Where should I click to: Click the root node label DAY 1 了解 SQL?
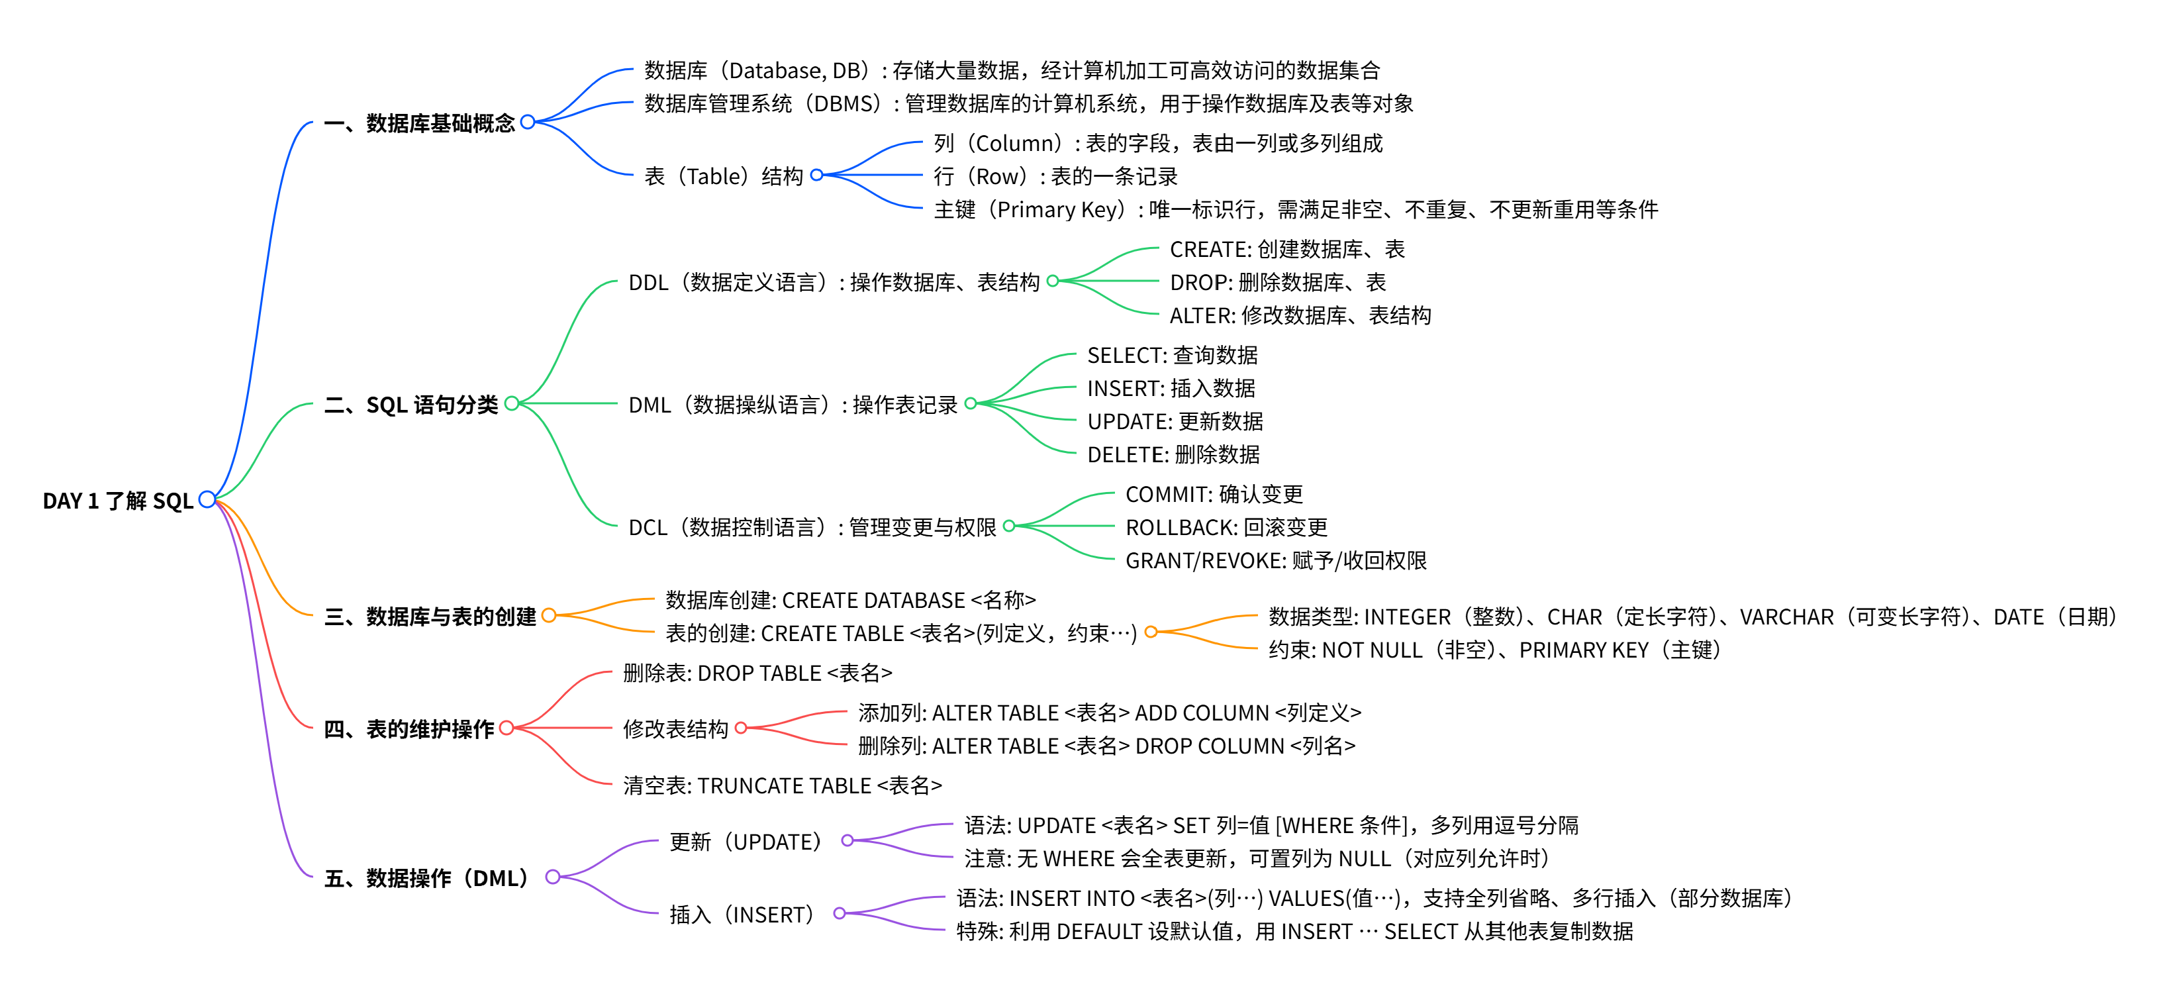(x=118, y=501)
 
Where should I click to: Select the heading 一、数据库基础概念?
(x=419, y=123)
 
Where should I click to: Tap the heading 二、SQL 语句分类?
(x=410, y=405)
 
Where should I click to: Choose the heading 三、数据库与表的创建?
(x=430, y=617)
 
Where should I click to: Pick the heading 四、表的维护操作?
(x=409, y=729)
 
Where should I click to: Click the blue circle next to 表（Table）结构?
(x=816, y=175)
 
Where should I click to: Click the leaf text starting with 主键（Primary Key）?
(x=1296, y=209)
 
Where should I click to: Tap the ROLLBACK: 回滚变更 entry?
(x=1226, y=527)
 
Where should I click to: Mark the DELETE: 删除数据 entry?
(x=1173, y=455)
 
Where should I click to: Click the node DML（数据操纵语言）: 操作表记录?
(x=793, y=405)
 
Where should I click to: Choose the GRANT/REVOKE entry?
(x=1275, y=560)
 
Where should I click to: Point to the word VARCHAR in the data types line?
(x=1786, y=617)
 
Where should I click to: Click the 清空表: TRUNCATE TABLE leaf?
(x=782, y=785)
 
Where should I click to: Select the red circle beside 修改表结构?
(x=742, y=728)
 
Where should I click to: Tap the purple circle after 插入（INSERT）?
(x=840, y=913)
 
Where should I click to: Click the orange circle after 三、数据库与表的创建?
(x=549, y=615)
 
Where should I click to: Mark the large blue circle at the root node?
(x=207, y=499)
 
